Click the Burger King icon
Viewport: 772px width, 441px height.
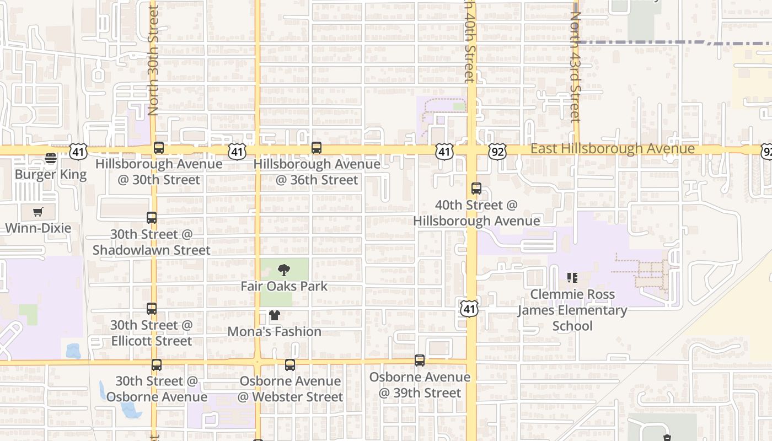(x=51, y=159)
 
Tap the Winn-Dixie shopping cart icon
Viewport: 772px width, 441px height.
(x=37, y=212)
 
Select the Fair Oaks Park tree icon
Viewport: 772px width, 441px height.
(x=284, y=270)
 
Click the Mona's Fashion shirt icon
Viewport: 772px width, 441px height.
(x=274, y=315)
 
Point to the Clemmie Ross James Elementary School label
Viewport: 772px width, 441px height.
(x=572, y=310)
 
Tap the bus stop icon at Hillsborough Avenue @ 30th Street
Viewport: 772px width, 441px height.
(x=159, y=148)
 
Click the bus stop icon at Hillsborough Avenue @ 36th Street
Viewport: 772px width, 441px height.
(x=316, y=148)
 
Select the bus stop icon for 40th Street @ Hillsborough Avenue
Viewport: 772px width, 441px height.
(x=476, y=189)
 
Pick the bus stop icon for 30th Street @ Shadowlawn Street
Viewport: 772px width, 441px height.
(x=152, y=218)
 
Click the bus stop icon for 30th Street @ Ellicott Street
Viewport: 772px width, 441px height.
(x=152, y=309)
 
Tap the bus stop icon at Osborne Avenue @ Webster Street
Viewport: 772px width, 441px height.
(x=290, y=364)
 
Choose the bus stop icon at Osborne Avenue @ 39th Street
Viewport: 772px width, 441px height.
(x=420, y=361)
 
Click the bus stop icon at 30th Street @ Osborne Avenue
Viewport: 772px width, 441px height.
(x=157, y=364)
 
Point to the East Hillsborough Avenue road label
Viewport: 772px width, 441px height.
(x=612, y=149)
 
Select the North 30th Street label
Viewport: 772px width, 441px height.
(x=153, y=61)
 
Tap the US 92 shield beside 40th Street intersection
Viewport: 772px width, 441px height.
(x=497, y=152)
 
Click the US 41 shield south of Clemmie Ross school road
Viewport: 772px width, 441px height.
(x=469, y=309)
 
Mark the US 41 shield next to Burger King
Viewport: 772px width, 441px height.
(x=78, y=152)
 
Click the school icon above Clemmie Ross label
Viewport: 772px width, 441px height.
(x=572, y=278)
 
